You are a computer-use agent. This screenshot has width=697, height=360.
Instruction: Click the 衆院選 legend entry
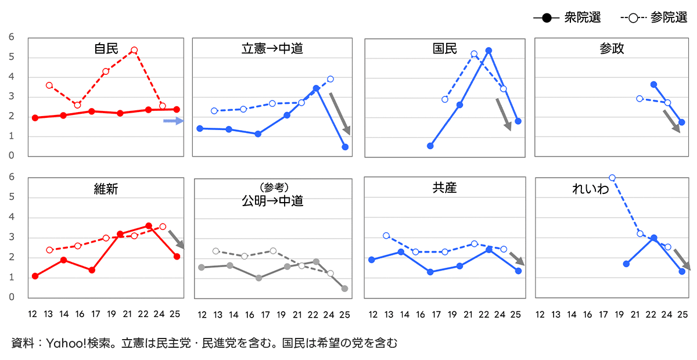pyautogui.click(x=566, y=18)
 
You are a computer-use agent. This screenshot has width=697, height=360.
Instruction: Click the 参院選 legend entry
pyautogui.click(x=653, y=18)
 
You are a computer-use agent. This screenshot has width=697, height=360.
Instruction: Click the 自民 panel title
pyautogui.click(x=106, y=49)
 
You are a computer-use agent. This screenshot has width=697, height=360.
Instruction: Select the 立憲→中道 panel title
pyautogui.click(x=272, y=49)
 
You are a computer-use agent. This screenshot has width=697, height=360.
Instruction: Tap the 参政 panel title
pyautogui.click(x=612, y=49)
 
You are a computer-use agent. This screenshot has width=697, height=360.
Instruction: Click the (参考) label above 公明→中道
pyautogui.click(x=273, y=188)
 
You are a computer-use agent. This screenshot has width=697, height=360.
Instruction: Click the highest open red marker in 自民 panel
pyautogui.click(x=134, y=51)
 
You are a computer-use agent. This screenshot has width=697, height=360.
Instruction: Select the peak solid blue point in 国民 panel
pyautogui.click(x=488, y=51)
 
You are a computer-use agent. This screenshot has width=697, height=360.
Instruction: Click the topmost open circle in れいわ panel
pyautogui.click(x=612, y=178)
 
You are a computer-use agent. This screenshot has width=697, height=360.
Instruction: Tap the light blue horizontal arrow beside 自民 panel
pyautogui.click(x=173, y=121)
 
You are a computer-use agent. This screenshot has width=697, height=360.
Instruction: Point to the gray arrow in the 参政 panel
pyautogui.click(x=671, y=122)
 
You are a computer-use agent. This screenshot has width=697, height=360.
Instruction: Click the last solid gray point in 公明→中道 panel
pyautogui.click(x=344, y=289)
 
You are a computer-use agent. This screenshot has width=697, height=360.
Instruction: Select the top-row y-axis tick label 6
pyautogui.click(x=11, y=38)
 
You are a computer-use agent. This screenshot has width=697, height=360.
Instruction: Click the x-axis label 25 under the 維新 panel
pyautogui.click(x=174, y=314)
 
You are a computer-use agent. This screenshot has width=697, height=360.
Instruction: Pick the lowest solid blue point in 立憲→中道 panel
pyautogui.click(x=345, y=147)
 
